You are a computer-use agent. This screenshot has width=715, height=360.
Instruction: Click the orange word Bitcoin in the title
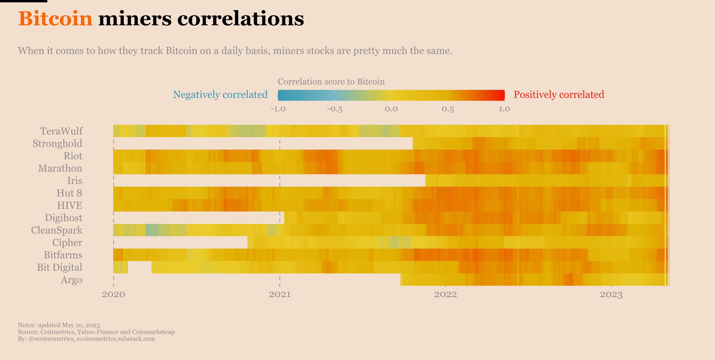pos(55,19)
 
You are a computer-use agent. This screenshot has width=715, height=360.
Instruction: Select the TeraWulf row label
pos(61,131)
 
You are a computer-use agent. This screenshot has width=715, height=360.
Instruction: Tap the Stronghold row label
pos(58,144)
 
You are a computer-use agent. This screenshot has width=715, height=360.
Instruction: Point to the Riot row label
pos(73,156)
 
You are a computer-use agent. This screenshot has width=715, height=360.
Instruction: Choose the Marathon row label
pos(60,168)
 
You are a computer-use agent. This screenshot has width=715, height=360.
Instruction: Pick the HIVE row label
pos(70,205)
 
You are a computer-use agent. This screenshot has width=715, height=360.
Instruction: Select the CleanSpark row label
pos(57,230)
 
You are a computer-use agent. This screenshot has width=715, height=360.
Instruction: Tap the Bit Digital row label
pos(60,267)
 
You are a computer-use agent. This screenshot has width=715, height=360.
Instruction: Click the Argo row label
pos(72,280)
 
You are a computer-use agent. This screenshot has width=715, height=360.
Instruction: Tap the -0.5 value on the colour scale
pos(334,109)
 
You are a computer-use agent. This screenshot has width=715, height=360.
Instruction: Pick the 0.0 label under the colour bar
pos(391,109)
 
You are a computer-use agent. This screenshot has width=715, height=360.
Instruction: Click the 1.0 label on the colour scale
pos(504,109)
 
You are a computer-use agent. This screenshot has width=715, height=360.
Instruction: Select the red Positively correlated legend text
pos(559,95)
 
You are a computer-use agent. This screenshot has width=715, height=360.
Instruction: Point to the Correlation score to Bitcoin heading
pos(331,82)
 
